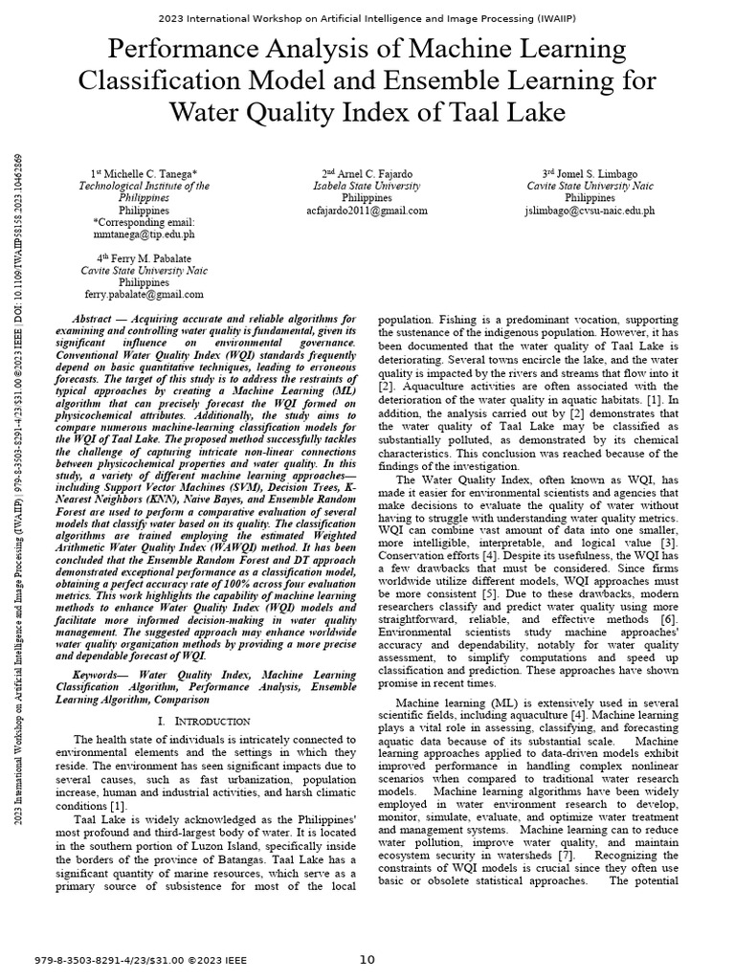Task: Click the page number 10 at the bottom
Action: pyautogui.click(x=367, y=959)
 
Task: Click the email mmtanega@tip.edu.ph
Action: pyautogui.click(x=144, y=233)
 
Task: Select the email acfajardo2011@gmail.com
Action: pyautogui.click(x=367, y=210)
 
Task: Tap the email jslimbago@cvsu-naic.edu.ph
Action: pyautogui.click(x=590, y=210)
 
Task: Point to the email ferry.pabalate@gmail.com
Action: pyautogui.click(x=144, y=295)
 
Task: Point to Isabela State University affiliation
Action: pyautogui.click(x=367, y=186)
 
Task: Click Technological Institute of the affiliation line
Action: pyautogui.click(x=144, y=186)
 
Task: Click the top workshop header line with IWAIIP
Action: pyautogui.click(x=367, y=19)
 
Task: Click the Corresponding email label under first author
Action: pyautogui.click(x=144, y=221)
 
